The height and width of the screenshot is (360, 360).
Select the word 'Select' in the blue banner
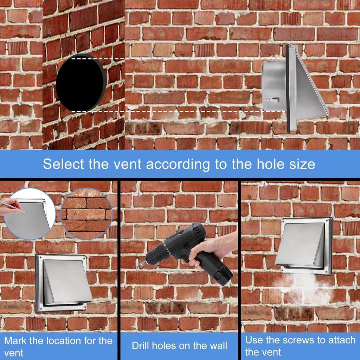click(x=63, y=164)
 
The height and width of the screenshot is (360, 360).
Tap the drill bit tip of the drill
click(x=137, y=267)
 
